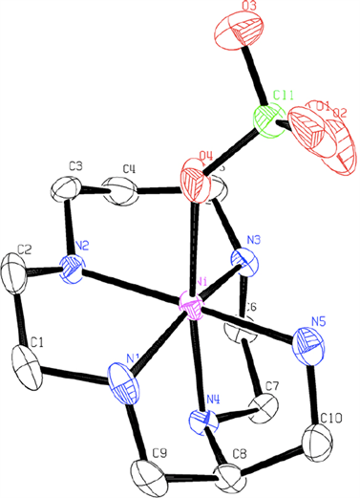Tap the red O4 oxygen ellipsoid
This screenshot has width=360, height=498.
click(196, 180)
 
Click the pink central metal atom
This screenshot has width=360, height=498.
click(192, 309)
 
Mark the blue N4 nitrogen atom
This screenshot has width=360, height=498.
click(199, 421)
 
